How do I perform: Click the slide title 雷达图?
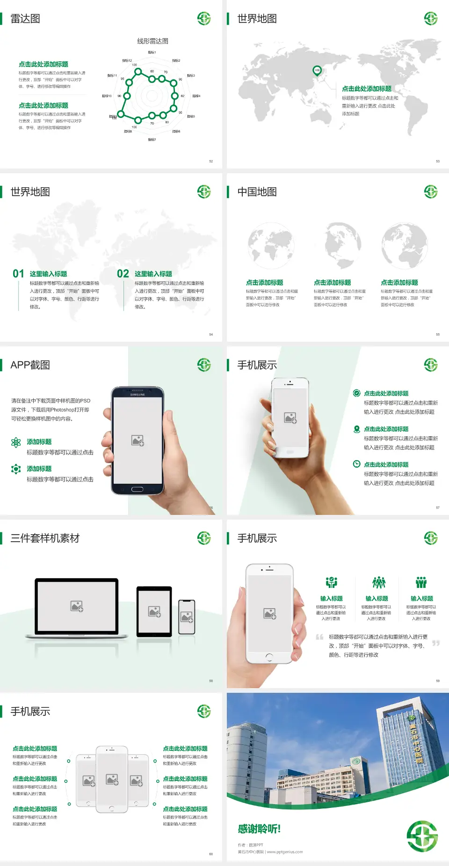pyautogui.click(x=25, y=19)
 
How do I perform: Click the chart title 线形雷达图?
pyautogui.click(x=152, y=41)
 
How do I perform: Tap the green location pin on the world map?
pyautogui.click(x=317, y=71)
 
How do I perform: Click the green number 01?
pyautogui.click(x=18, y=274)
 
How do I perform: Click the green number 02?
pyautogui.click(x=123, y=274)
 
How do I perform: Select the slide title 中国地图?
pyautogui.click(x=257, y=192)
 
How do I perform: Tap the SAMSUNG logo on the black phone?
pyautogui.click(x=138, y=395)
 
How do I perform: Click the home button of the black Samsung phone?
pyautogui.click(x=137, y=489)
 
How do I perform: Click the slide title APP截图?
pyautogui.click(x=30, y=365)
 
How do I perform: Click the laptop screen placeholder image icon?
pyautogui.click(x=77, y=606)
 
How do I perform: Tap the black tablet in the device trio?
pyautogui.click(x=154, y=611)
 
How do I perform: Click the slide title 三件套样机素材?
pyautogui.click(x=45, y=538)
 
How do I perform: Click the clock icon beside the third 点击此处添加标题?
pyautogui.click(x=356, y=464)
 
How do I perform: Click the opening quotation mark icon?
pyautogui.click(x=319, y=637)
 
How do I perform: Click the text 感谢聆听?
pyautogui.click(x=259, y=829)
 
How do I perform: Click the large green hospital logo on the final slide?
pyautogui.click(x=422, y=836)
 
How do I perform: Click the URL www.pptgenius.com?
pyautogui.click(x=285, y=852)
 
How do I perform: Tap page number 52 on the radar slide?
pyautogui.click(x=211, y=161)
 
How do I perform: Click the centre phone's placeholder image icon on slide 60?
pyautogui.click(x=112, y=779)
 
